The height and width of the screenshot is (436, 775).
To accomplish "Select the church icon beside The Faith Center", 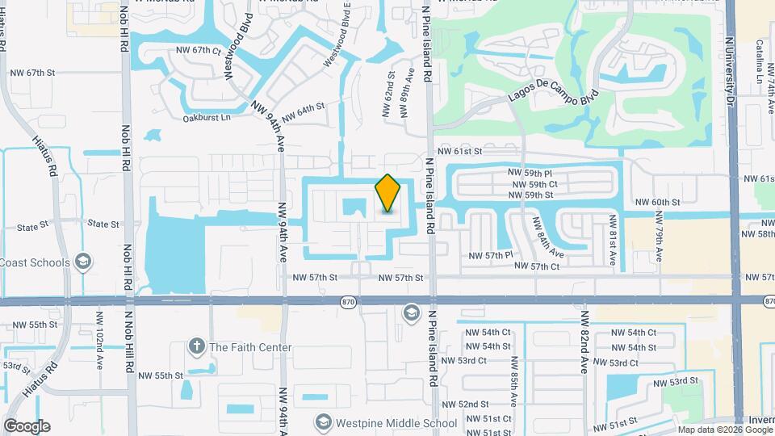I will [196, 347].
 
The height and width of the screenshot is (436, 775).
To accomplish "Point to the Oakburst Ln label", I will [206, 117].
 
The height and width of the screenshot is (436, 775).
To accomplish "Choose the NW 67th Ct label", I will [198, 50].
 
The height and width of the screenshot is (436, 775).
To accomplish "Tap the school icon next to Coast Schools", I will [82, 262].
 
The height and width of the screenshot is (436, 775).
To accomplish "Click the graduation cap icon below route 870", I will [411, 312].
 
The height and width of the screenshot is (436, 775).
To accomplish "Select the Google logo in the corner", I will [27, 426].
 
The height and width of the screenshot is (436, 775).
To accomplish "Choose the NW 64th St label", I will [303, 107].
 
